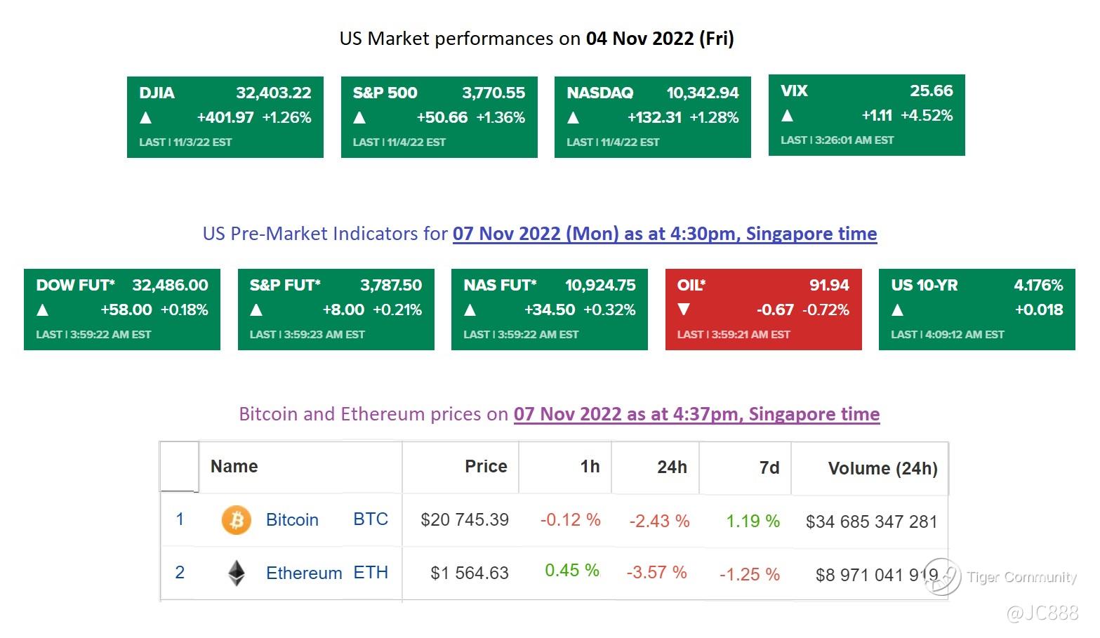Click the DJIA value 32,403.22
273,93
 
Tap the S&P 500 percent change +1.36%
501,117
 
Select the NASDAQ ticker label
599,93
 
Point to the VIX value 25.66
931,91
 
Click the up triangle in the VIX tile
787,115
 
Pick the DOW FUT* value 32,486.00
170,285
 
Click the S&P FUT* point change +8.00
343,310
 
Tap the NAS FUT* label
500,285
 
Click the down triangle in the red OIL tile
684,310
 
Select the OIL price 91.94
829,285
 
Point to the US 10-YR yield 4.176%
1038,285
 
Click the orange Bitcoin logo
237,520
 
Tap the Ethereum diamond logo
237,573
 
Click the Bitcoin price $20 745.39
465,519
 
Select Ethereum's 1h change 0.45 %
572,570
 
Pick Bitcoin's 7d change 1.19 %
753,521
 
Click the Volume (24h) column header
882,468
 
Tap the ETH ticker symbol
371,573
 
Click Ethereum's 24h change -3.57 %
656,572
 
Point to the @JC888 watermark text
1042,613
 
